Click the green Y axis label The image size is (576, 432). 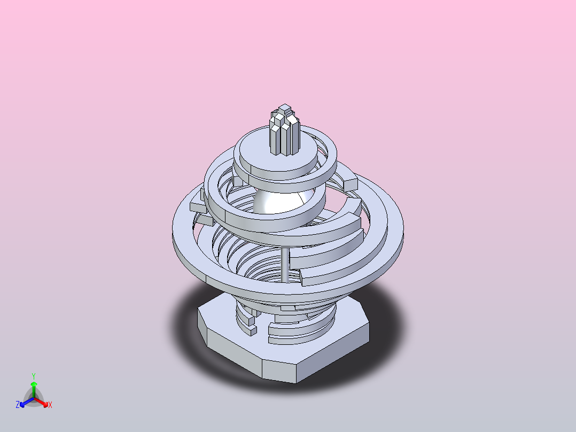click(34, 376)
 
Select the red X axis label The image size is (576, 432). click(50, 405)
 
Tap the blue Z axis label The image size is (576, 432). click(18, 405)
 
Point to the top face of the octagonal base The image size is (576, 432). click(219, 315)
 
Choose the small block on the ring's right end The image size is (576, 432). click(350, 184)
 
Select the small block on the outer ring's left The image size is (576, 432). click(197, 205)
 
